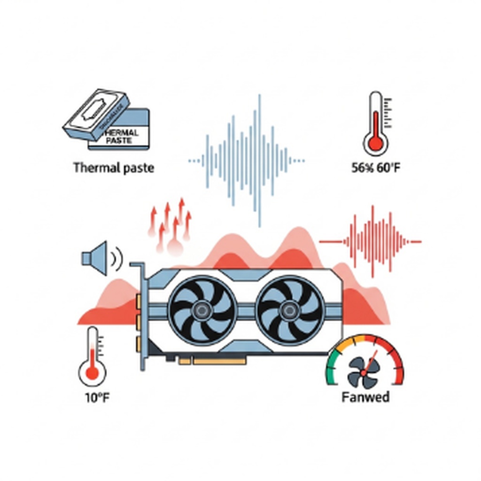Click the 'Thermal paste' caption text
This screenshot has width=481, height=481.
tap(114, 168)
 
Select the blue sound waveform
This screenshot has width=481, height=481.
tap(246, 160)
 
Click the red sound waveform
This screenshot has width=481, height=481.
tap(371, 241)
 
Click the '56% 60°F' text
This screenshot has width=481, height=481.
tap(376, 168)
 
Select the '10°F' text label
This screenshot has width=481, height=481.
tap(97, 398)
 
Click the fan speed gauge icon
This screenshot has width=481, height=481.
tap(365, 361)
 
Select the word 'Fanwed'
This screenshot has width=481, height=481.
tap(365, 397)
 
